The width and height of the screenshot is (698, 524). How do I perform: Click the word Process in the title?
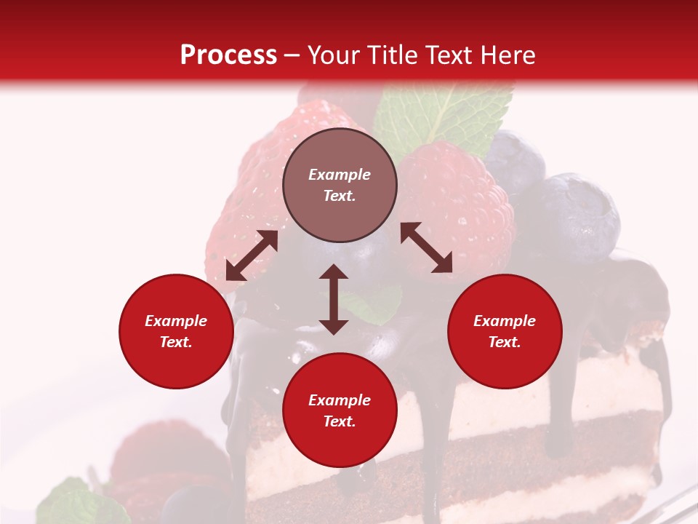228,55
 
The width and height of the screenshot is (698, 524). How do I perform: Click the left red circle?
176,332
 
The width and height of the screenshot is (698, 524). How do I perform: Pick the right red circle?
505,332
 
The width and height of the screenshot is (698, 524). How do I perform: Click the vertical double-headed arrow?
334,299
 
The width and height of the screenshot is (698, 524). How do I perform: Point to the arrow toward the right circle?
426,247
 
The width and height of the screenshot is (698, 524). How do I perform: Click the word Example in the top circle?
340,175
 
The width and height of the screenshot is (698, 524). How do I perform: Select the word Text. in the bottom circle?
340,421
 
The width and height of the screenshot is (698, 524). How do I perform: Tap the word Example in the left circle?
176,321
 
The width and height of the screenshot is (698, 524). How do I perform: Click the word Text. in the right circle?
505,342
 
